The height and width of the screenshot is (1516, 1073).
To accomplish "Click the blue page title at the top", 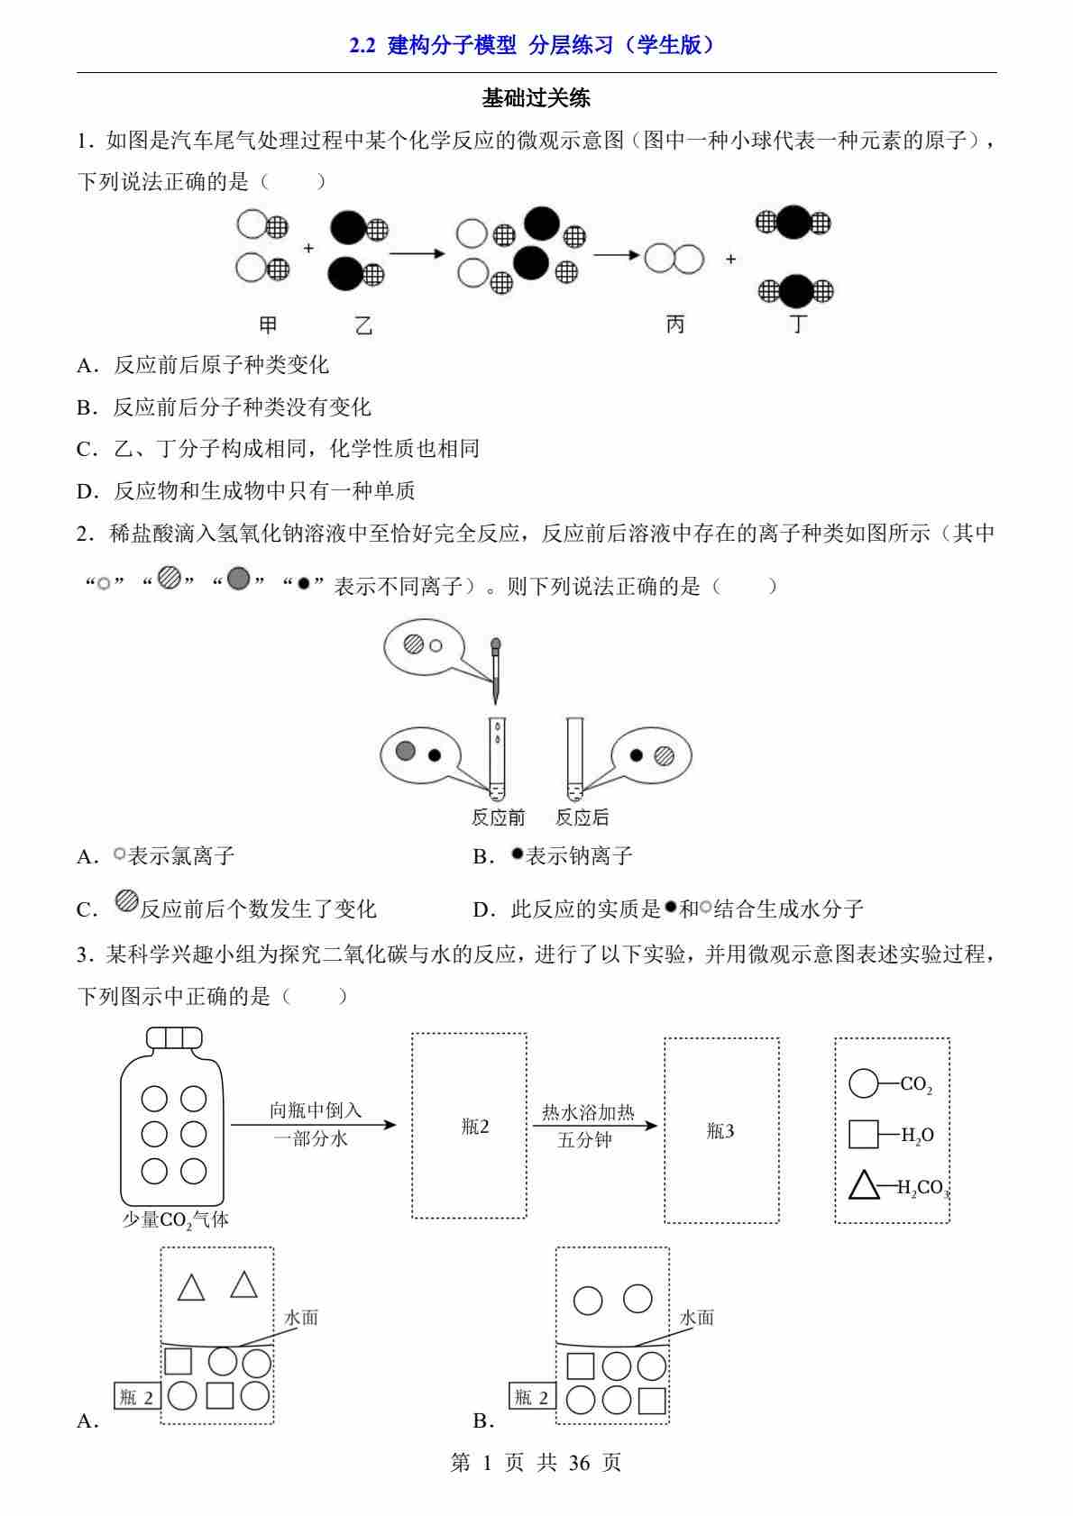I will (536, 45).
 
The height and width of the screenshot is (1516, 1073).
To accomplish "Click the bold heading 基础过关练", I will (536, 97).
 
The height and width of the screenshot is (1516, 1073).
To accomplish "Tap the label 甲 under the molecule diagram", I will (268, 324).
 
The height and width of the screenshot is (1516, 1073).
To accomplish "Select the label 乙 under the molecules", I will (362, 325).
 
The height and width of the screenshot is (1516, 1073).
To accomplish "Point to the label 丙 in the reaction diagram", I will (674, 324).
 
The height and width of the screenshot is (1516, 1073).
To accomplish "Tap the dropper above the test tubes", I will (495, 668).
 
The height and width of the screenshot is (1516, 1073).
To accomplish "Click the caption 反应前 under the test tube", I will (498, 817).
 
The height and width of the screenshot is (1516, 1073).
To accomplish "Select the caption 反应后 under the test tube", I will (582, 817).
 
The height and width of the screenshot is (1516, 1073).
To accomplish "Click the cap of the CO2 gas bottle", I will (174, 1037).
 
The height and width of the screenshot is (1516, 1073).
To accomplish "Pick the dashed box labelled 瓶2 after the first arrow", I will (470, 1126).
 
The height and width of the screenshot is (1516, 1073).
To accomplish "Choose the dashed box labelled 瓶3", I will (721, 1130).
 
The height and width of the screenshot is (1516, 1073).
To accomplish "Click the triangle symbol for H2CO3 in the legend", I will (864, 1185).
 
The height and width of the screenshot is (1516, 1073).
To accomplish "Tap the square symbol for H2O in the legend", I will (863, 1134).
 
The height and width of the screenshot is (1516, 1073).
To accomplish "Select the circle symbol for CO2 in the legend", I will (863, 1083).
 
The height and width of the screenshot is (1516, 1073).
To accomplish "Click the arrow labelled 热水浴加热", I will (595, 1126).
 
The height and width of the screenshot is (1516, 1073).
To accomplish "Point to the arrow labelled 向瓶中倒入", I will (313, 1124).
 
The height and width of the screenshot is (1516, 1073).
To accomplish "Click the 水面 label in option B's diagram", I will (696, 1318).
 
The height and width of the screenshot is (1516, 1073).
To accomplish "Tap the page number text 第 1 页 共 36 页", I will (536, 1462).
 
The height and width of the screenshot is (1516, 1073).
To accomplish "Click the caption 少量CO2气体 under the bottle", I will (175, 1220).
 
